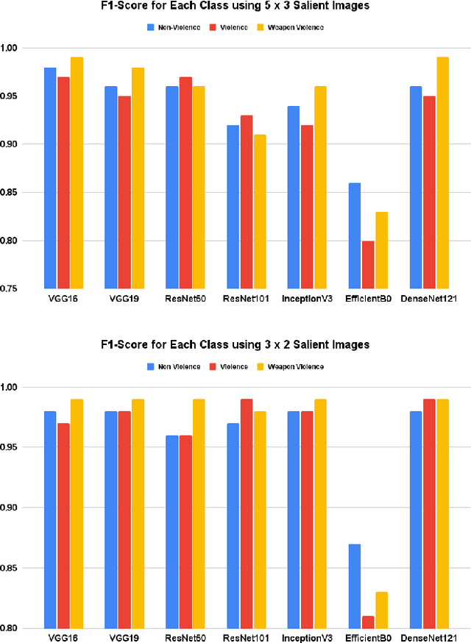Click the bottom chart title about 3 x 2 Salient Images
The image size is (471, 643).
pos(235,344)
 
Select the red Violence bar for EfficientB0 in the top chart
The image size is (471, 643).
pos(367,264)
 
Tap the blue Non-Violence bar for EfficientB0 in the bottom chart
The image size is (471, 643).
pos(354,586)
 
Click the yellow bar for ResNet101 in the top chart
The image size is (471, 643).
pos(259,211)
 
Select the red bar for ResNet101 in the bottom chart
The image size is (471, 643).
pos(246,514)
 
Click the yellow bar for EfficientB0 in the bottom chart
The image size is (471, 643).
pos(380,610)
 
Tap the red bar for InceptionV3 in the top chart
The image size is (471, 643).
pos(307,207)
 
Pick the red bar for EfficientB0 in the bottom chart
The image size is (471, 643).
pos(367,622)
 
